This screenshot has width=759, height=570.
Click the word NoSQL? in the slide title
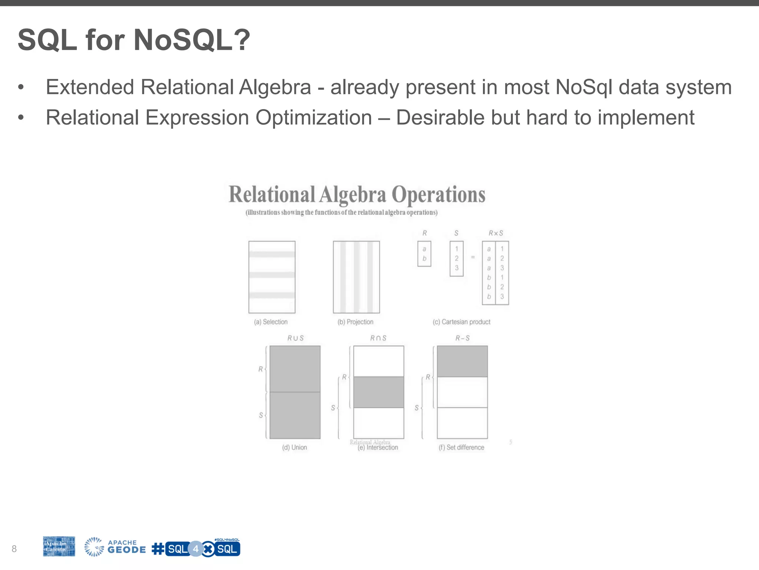pyautogui.click(x=192, y=40)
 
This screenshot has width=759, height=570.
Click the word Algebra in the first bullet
pyautogui.click(x=275, y=88)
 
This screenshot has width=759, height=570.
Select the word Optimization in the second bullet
pyautogui.click(x=314, y=118)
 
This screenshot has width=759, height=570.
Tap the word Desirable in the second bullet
pyautogui.click(x=440, y=118)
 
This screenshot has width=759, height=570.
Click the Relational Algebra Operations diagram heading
pyautogui.click(x=357, y=194)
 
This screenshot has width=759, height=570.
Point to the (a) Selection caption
pyautogui.click(x=271, y=322)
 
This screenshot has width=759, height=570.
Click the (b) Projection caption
pyautogui.click(x=355, y=322)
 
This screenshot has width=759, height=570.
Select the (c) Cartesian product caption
pyautogui.click(x=461, y=322)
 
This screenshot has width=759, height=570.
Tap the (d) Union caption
pyautogui.click(x=295, y=448)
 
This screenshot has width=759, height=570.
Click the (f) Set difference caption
pyautogui.click(x=461, y=448)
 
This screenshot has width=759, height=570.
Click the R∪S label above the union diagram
pyautogui.click(x=295, y=338)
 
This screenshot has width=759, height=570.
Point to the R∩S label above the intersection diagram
pyautogui.click(x=378, y=338)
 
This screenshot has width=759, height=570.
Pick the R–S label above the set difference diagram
pyautogui.click(x=462, y=338)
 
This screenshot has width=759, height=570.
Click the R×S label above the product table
pyautogui.click(x=495, y=233)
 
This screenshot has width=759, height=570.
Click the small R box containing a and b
pyautogui.click(x=424, y=254)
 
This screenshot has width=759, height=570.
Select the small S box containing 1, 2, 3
pyautogui.click(x=457, y=259)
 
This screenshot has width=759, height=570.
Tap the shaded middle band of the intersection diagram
pyautogui.click(x=378, y=392)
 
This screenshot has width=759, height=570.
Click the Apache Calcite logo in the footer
pyautogui.click(x=59, y=546)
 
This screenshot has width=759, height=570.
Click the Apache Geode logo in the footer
pyautogui.click(x=115, y=547)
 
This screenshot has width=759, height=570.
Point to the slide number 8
pyautogui.click(x=14, y=549)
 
